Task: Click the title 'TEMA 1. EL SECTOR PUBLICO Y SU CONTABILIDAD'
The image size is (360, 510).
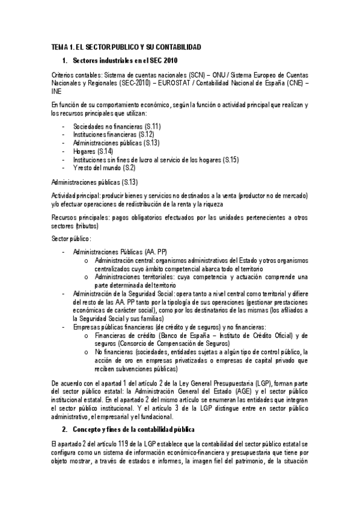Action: point(126,46)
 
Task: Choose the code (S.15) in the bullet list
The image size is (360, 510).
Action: point(231,159)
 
